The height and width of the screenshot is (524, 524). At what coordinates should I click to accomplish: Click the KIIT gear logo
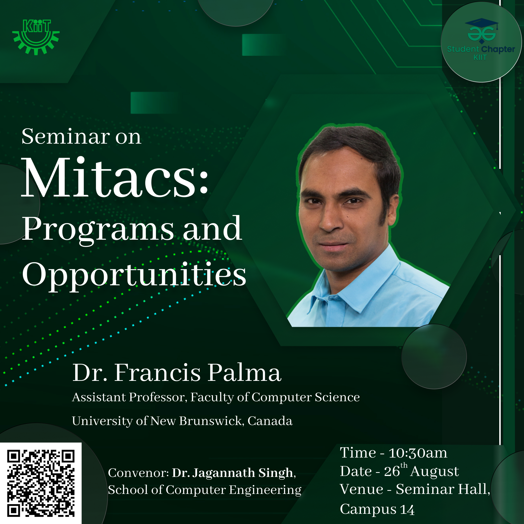[36, 37]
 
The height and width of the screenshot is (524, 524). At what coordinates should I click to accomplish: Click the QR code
[41, 483]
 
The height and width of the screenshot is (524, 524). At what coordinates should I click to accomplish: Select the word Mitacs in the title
[108, 178]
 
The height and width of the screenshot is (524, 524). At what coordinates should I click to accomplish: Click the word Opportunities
[134, 275]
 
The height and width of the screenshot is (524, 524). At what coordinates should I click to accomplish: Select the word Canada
[270, 421]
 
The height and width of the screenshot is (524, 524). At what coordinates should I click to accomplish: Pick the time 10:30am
[418, 453]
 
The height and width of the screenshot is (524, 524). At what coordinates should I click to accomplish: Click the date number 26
[392, 471]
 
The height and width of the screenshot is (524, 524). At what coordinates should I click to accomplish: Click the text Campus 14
[377, 509]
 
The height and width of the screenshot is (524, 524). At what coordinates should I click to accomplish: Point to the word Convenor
[139, 473]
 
